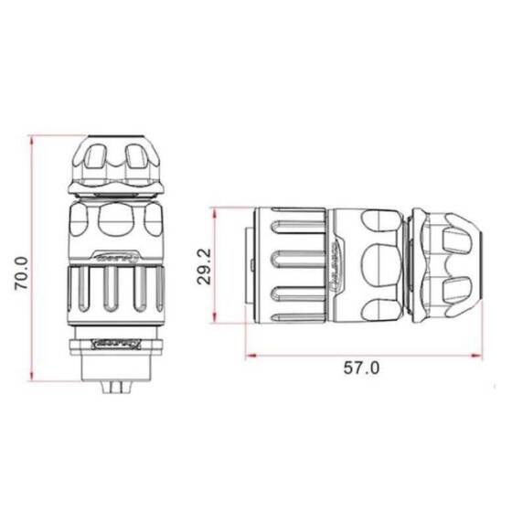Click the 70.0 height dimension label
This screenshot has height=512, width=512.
[21, 272]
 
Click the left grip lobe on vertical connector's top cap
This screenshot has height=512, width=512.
[91, 161]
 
